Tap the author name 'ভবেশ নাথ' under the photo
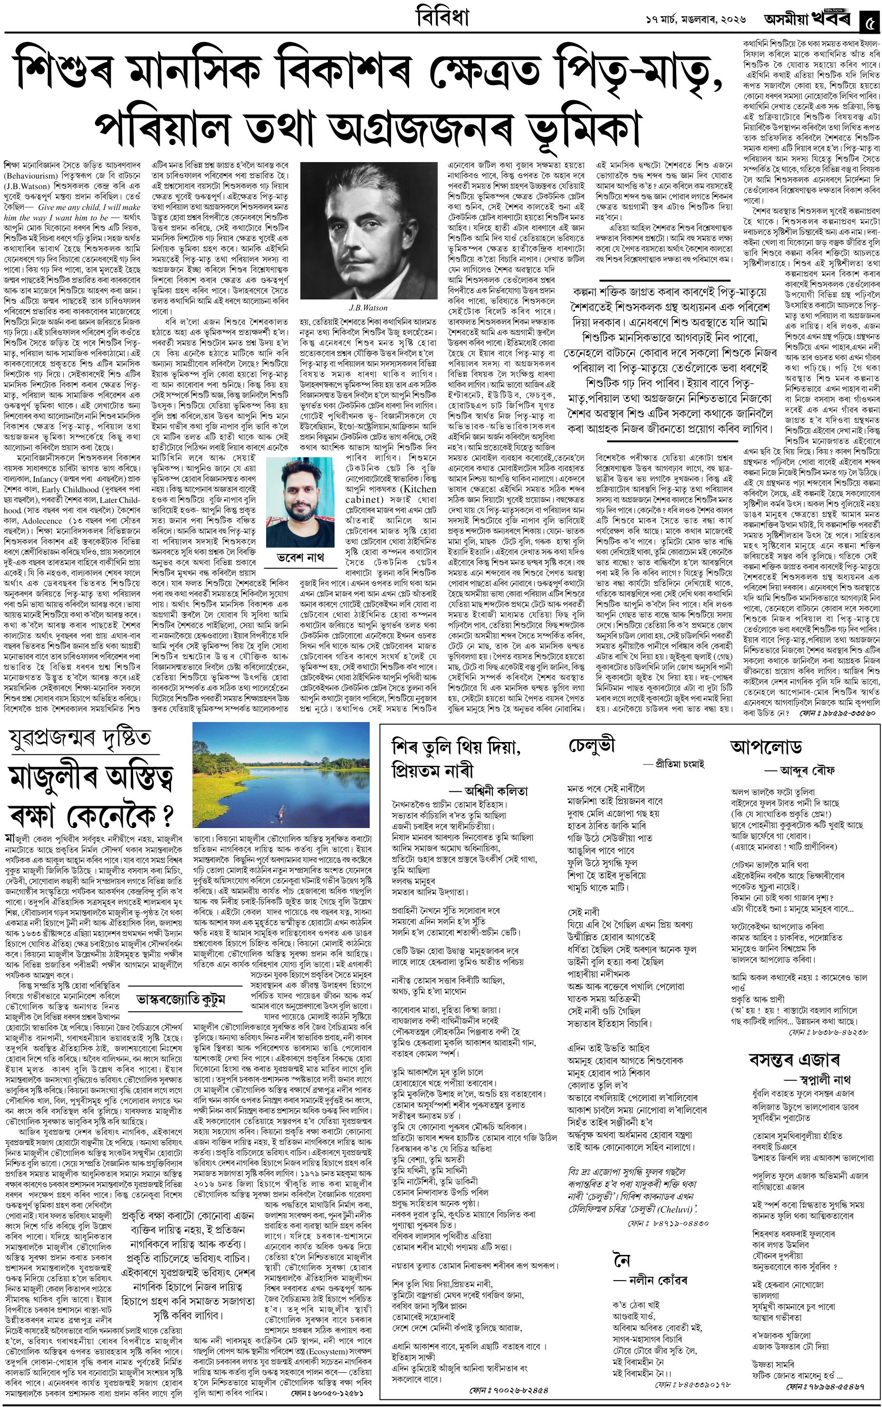coord(299,557)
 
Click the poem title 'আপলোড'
coord(765,747)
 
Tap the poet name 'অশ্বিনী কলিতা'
coord(496,791)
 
